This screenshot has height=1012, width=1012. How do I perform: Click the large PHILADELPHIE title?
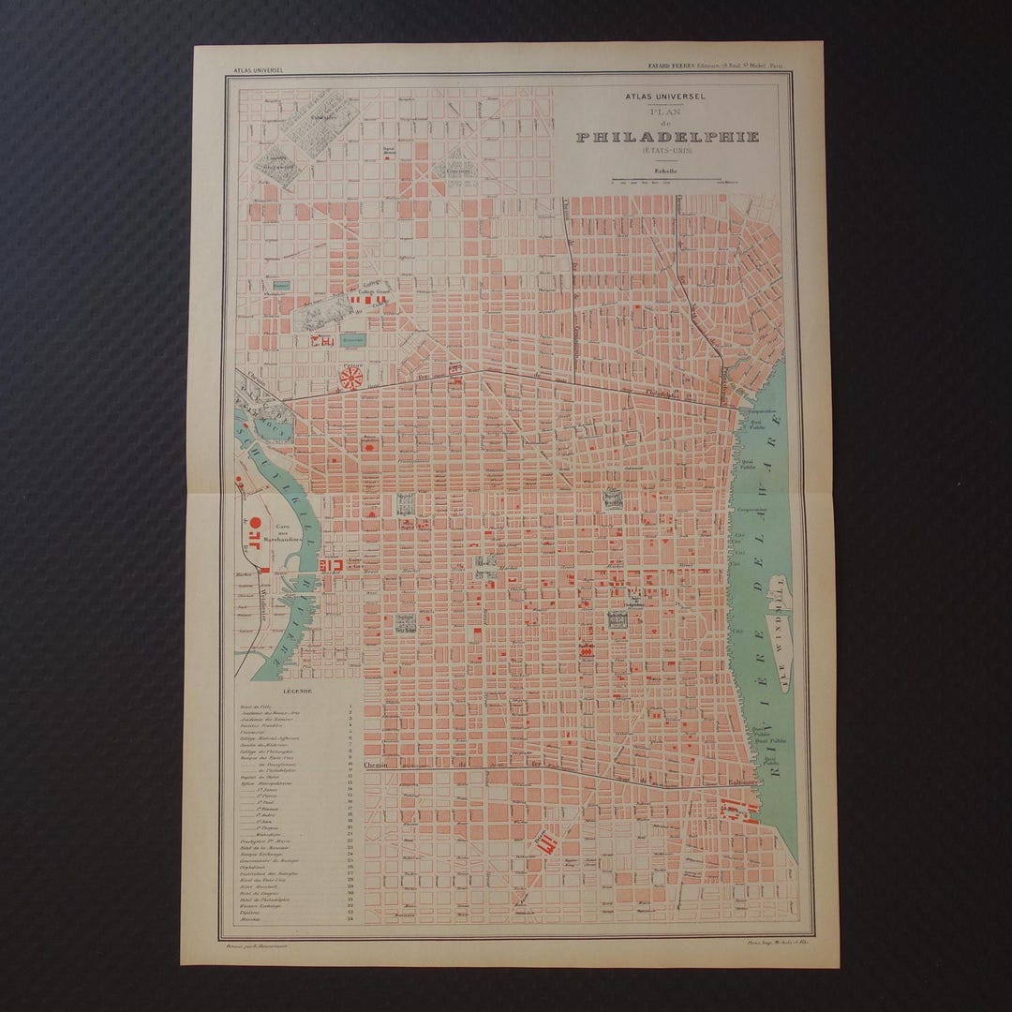667,136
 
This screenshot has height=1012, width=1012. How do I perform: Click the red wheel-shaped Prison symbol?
352,379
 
